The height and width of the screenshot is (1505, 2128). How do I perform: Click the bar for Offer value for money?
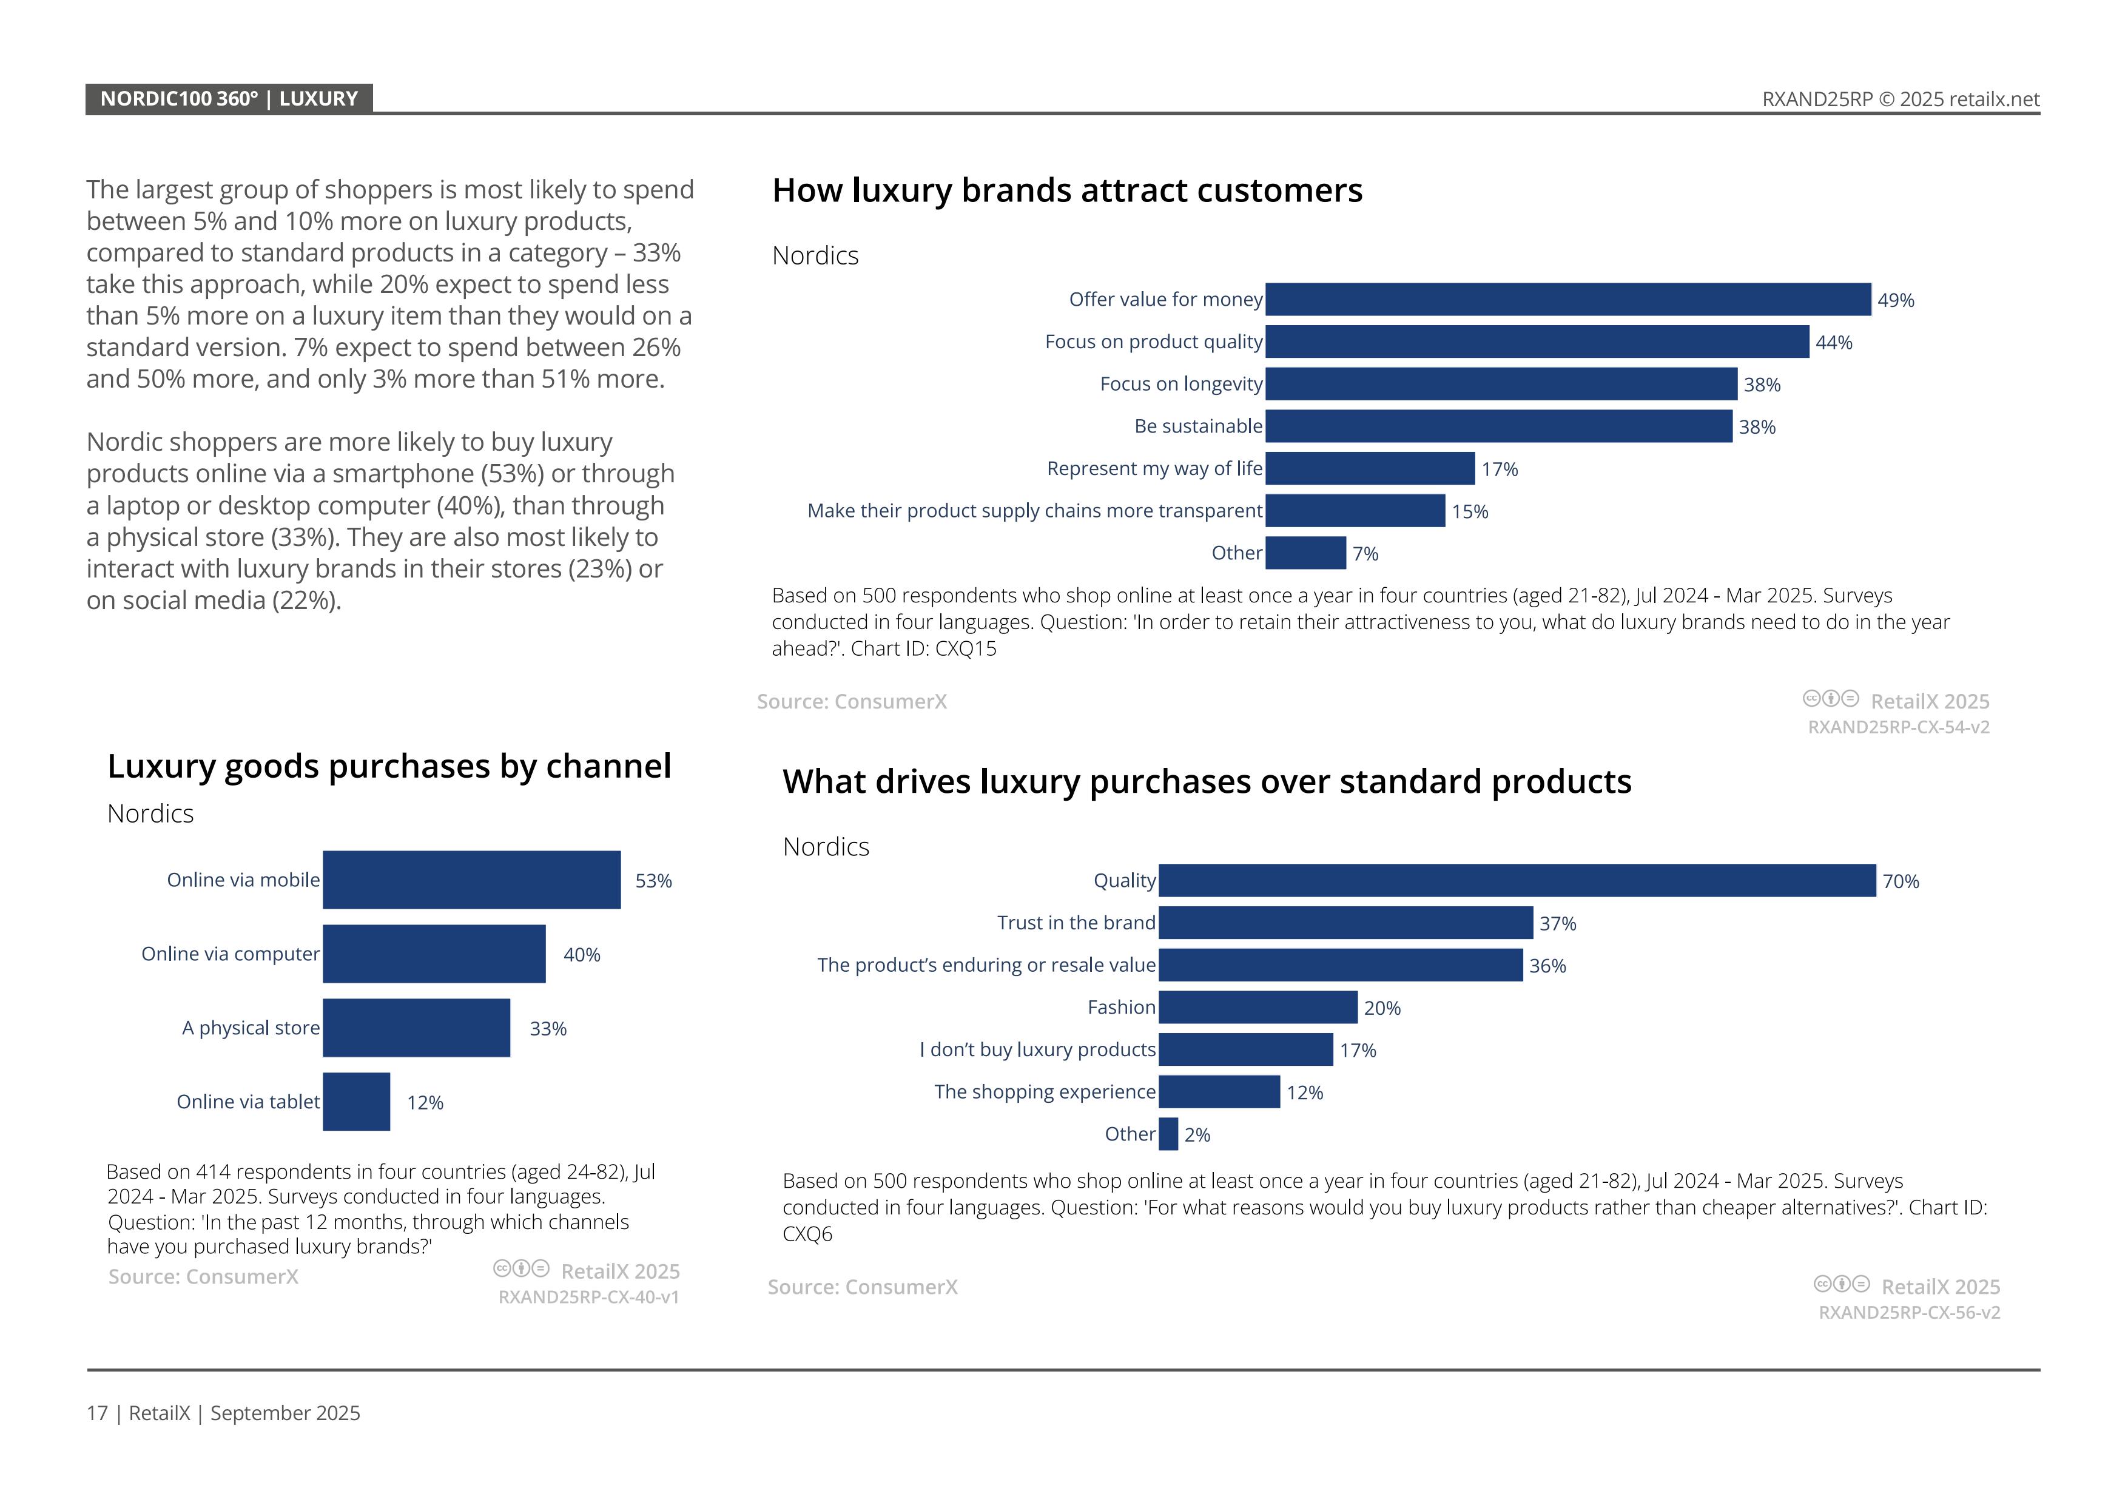point(1567,299)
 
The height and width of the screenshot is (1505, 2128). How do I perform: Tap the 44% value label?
point(1833,343)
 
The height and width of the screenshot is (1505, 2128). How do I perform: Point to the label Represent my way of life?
point(1154,469)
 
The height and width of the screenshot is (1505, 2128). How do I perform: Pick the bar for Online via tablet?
point(356,1101)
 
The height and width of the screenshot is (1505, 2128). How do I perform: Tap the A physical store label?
point(251,1028)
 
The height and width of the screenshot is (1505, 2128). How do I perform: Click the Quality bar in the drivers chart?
point(1517,880)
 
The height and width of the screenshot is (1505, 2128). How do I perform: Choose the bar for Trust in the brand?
point(1345,923)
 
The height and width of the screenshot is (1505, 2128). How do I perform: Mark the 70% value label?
point(1900,882)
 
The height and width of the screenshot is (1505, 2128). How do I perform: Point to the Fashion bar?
point(1258,1008)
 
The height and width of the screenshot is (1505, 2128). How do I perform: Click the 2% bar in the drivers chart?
point(1168,1134)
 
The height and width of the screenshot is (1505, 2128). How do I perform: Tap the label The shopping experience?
point(1045,1092)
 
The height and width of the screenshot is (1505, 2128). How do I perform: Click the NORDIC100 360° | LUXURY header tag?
point(229,99)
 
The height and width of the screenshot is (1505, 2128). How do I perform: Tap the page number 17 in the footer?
point(96,1413)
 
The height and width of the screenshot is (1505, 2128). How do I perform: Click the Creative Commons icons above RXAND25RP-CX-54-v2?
point(1831,699)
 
